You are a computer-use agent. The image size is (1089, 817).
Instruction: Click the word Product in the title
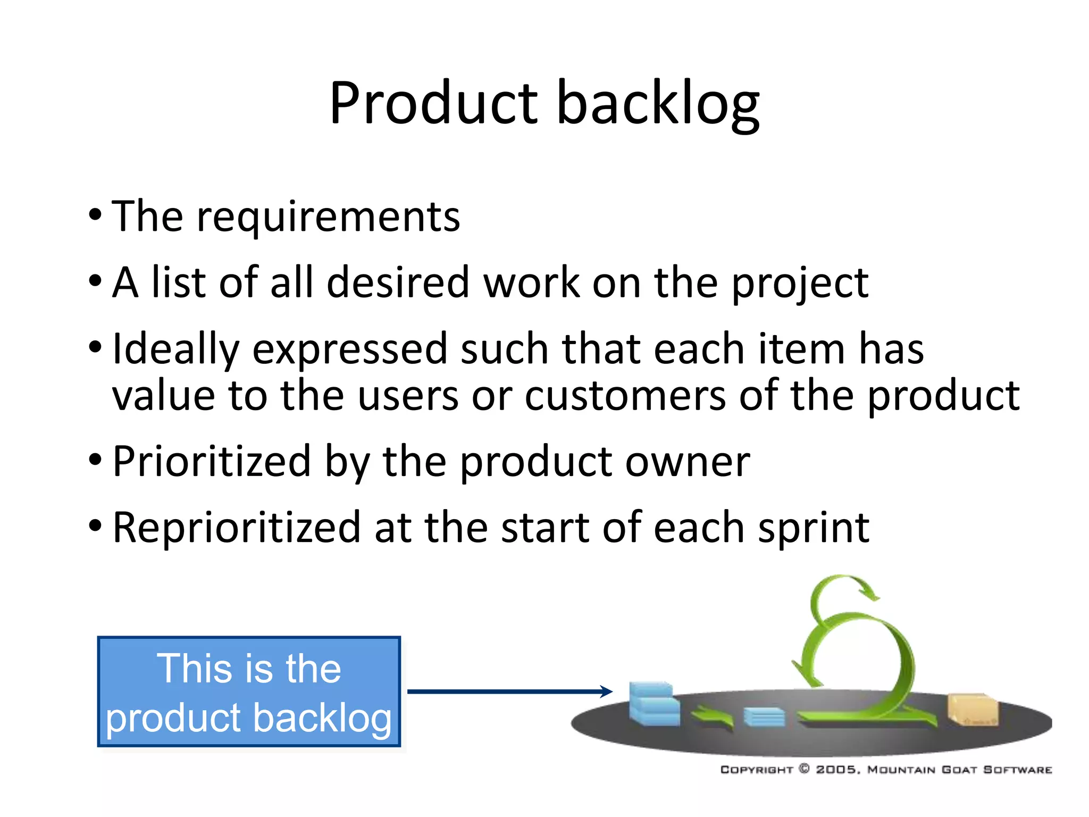433,104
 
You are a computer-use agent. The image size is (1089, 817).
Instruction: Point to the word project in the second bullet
800,284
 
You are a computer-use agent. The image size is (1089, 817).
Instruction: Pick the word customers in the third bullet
625,396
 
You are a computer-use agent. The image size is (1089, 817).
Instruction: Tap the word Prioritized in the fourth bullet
212,462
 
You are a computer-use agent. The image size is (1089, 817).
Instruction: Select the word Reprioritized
237,528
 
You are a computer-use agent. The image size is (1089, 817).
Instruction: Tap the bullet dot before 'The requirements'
95,215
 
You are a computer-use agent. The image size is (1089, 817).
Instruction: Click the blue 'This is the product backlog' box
249,691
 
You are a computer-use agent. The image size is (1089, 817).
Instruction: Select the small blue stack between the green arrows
764,716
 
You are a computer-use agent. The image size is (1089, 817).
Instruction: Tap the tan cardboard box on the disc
973,710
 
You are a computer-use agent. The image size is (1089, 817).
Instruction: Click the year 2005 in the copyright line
836,770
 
